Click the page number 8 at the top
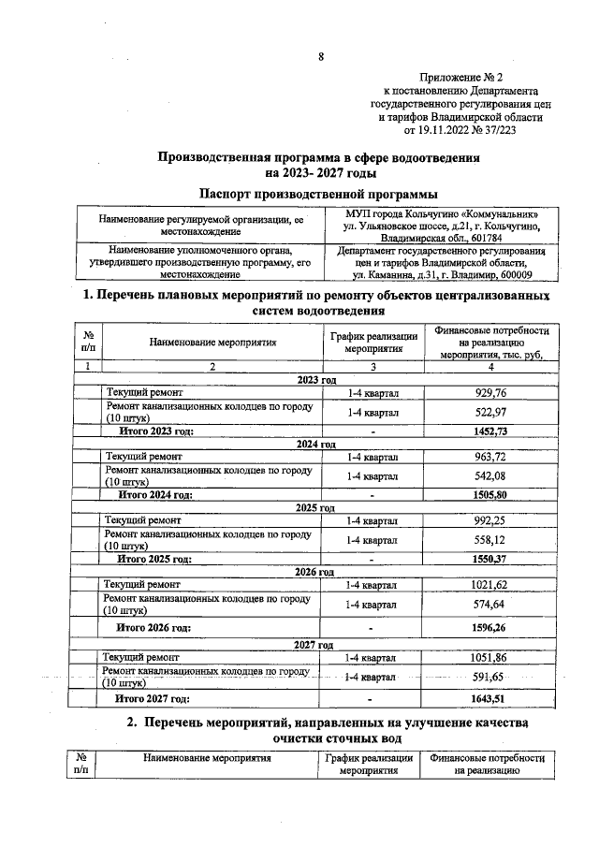pos(320,56)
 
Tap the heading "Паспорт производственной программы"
pos(318,193)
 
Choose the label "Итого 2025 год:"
pos(154,559)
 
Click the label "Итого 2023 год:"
pos(155,431)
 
